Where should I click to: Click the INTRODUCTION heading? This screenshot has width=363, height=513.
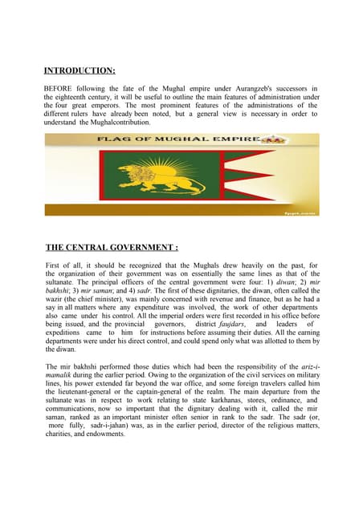pos(80,71)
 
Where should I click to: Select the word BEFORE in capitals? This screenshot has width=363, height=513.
pos(59,87)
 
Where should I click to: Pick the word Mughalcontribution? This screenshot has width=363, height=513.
pos(113,123)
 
